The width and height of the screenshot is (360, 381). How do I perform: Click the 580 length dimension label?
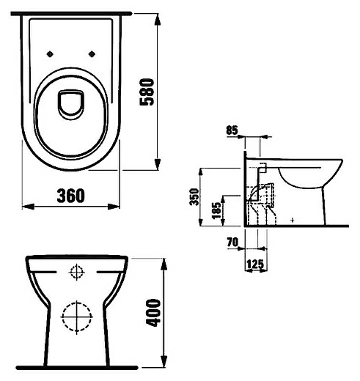(147, 92)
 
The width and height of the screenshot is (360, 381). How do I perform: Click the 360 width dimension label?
(71, 196)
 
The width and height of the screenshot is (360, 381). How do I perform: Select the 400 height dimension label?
(153, 313)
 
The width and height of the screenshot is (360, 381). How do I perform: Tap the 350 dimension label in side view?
(195, 197)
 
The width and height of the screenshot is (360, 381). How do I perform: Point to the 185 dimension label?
(216, 210)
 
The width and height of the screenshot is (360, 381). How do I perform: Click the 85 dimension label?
(232, 130)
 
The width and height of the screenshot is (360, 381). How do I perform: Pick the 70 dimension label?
(232, 243)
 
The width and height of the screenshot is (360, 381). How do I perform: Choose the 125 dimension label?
(255, 265)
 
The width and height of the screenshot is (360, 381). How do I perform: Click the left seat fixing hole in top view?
(50, 54)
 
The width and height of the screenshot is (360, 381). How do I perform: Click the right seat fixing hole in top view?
(92, 54)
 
